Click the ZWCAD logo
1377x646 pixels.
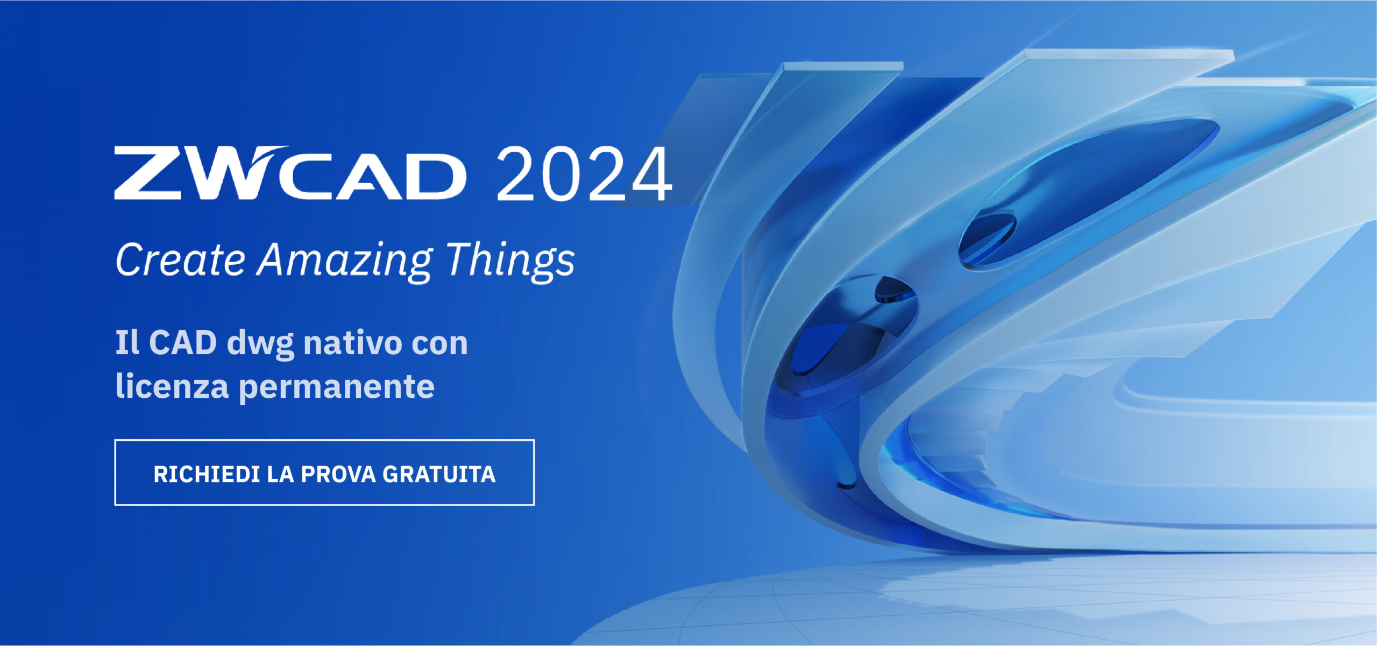[x=290, y=173]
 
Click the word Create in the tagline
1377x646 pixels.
[x=181, y=259]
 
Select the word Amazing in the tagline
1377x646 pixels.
[x=345, y=262]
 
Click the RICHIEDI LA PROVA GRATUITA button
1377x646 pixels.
[x=324, y=473]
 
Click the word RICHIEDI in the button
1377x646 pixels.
[x=207, y=474]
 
